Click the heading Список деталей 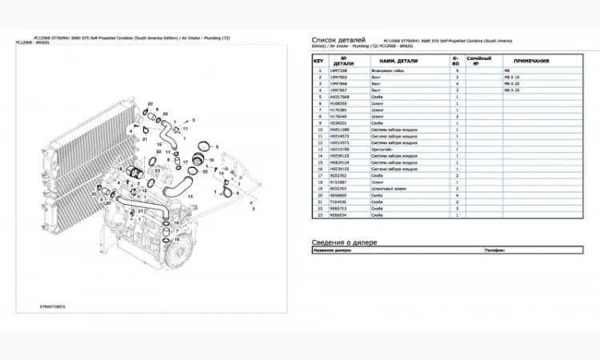coord(338,39)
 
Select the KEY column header coord(318,60)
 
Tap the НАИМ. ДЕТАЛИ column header coord(401,60)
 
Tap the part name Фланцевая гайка coord(386,71)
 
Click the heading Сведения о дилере coord(344,242)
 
